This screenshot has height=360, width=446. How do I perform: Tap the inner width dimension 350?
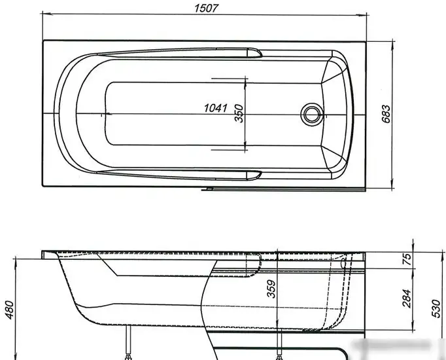tap(239, 114)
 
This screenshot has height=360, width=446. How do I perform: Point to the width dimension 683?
tap(386, 114)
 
